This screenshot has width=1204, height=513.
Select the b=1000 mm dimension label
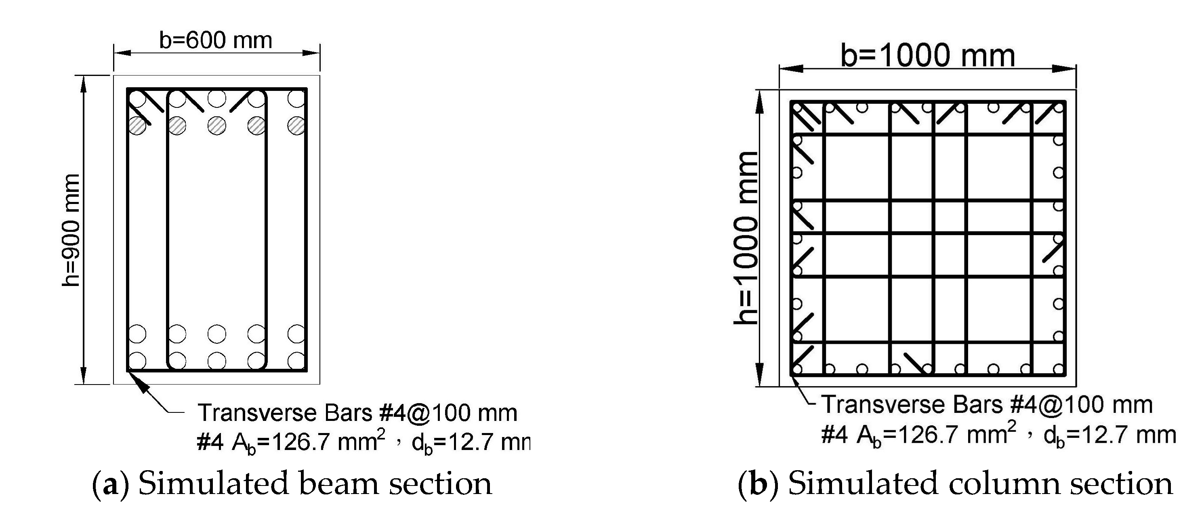927,56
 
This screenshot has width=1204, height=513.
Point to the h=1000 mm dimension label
745,238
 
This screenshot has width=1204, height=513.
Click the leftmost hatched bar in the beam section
137,125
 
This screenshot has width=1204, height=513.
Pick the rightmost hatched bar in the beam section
296,125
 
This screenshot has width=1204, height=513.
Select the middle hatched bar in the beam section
217,125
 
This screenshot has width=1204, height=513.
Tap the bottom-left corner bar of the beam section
137,361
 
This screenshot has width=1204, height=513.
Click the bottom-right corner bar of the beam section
296,361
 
